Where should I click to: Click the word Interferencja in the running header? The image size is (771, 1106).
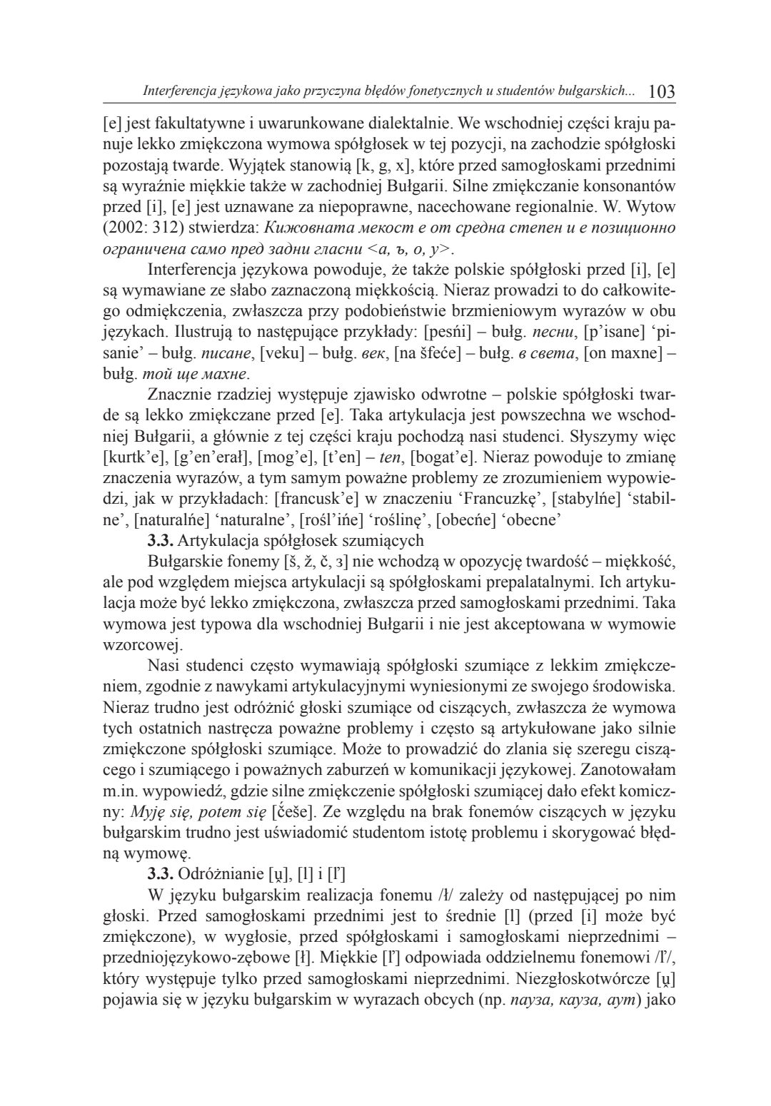click(x=176, y=92)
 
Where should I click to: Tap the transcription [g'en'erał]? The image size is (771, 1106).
click(x=211, y=456)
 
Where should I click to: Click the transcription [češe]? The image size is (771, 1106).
click(x=297, y=811)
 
